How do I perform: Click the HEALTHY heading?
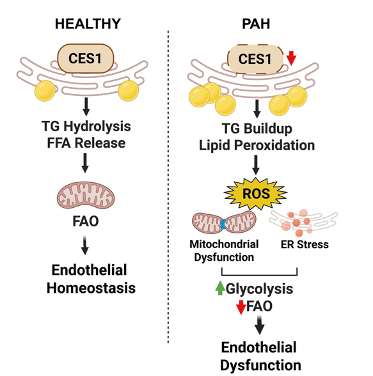(88, 24)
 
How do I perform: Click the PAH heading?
(256, 24)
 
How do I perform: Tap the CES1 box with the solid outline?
(85, 59)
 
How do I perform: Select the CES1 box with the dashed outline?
(255, 59)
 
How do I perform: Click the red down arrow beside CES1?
(291, 58)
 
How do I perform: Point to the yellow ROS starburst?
(256, 193)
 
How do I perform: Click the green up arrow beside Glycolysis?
(220, 288)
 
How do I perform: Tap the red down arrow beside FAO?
(241, 307)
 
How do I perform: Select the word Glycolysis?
(259, 288)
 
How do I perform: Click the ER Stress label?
(305, 244)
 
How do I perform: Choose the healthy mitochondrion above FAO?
(86, 195)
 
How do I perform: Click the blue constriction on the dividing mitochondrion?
(223, 224)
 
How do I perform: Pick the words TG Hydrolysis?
(86, 127)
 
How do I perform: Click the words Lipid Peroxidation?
(257, 145)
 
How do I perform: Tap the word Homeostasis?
(91, 288)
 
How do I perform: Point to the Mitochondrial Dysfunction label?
(224, 251)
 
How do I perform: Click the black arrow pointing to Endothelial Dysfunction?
(259, 325)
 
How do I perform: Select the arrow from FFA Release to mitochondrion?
(85, 163)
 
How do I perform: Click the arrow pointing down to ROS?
(256, 165)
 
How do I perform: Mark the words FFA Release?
(86, 143)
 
